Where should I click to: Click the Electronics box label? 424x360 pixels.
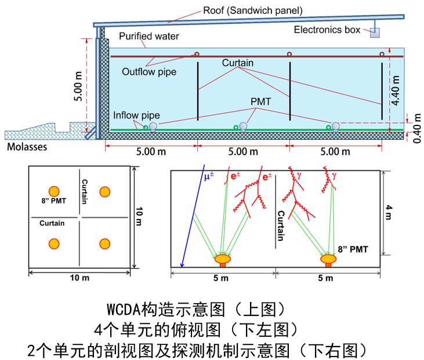coord(327,30)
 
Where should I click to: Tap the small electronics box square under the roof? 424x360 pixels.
coord(375,33)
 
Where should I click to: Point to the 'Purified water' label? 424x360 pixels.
coord(149,37)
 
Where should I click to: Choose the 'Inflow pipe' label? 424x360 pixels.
coord(136,116)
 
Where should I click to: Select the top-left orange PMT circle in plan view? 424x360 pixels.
coord(54,192)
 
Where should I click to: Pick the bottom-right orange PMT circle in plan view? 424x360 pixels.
coord(105,244)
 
